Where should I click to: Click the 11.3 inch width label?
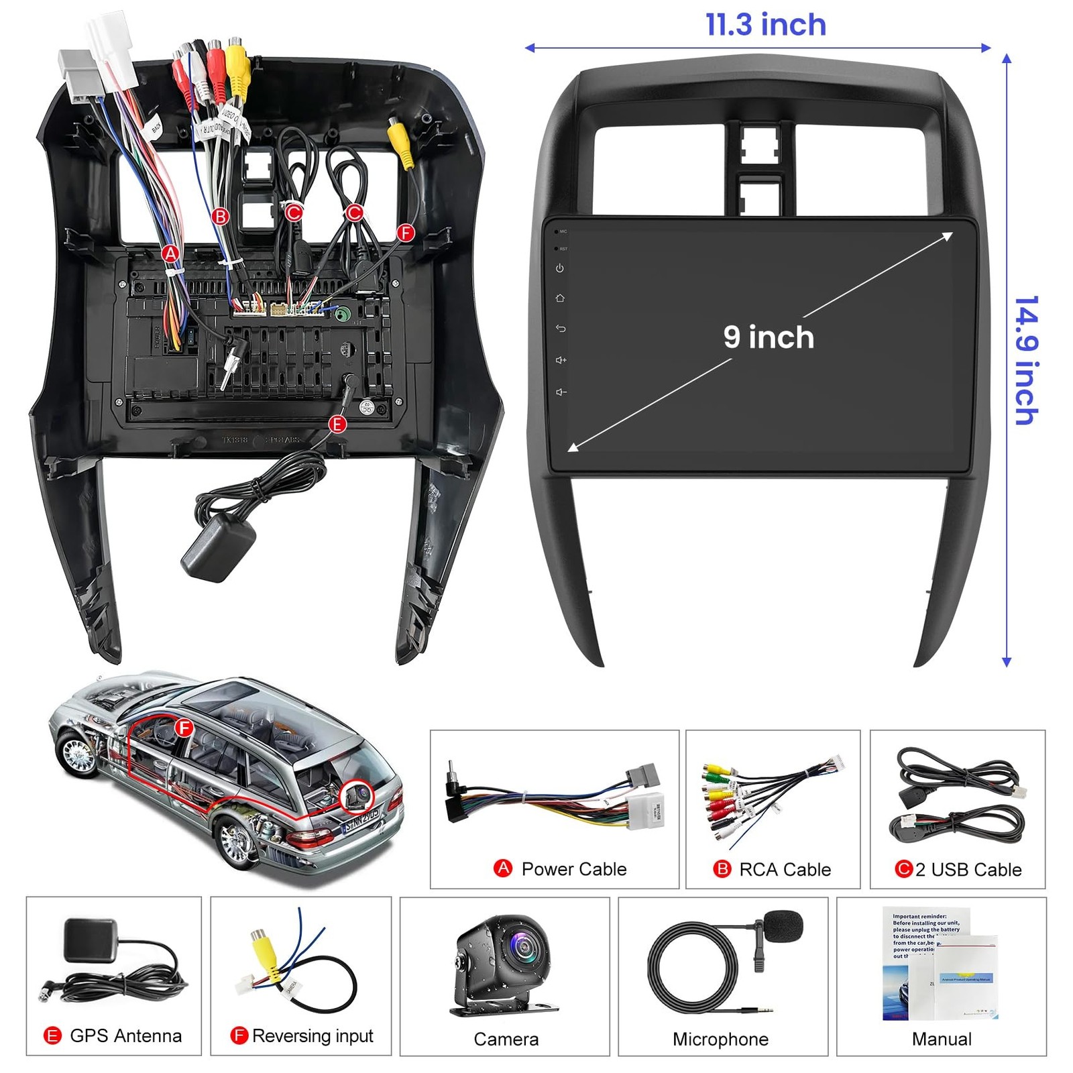[x=766, y=25]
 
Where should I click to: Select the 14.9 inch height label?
[x=1025, y=360]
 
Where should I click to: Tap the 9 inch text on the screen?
[x=769, y=337]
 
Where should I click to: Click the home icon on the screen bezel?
[x=560, y=298]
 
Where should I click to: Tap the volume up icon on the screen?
[x=561, y=360]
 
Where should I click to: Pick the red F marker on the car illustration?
[x=184, y=728]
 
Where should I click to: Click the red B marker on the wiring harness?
[x=220, y=216]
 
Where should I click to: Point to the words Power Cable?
[x=573, y=869]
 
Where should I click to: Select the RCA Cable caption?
[x=785, y=870]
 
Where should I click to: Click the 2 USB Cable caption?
[x=968, y=870]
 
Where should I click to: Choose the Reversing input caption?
[x=313, y=1036]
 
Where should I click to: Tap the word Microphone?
[x=720, y=1039]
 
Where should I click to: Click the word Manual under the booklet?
[x=942, y=1039]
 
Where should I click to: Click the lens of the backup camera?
[x=522, y=946]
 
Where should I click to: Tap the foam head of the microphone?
[x=783, y=925]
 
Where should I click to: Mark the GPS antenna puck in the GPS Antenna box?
[x=90, y=938]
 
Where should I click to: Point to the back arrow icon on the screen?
[x=561, y=329]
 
